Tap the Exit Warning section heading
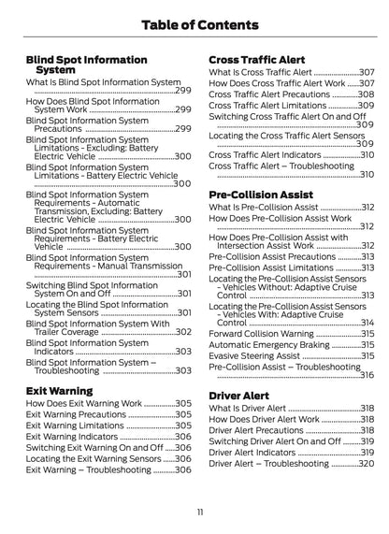[59, 390]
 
